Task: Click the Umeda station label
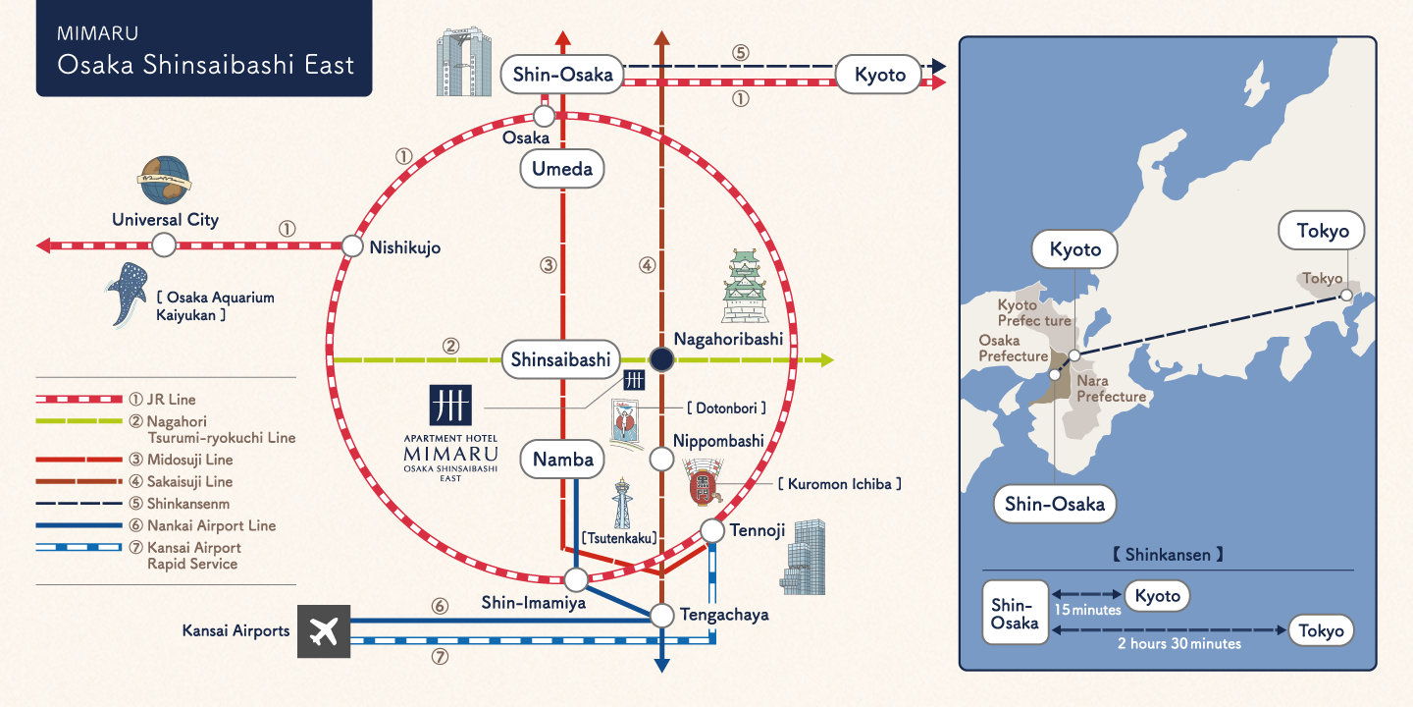point(562,169)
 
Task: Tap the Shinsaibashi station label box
point(561,360)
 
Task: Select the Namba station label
point(563,459)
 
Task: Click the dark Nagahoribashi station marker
point(661,360)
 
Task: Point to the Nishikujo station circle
point(352,246)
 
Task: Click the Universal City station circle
point(164,245)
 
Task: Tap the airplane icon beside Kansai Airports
point(323,631)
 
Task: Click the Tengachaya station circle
point(662,616)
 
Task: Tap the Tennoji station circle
point(712,531)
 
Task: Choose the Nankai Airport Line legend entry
point(201,525)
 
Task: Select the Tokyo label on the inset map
point(1322,232)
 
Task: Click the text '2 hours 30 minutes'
point(1178,644)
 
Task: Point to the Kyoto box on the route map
point(879,75)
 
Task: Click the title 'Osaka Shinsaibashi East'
point(205,65)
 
